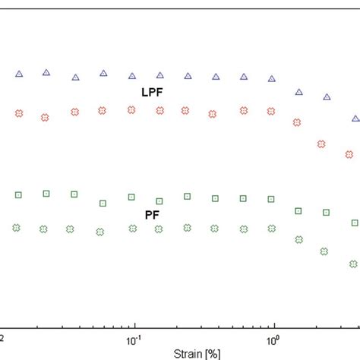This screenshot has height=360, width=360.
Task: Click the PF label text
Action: click(x=152, y=215)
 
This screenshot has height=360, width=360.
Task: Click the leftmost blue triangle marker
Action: click(x=20, y=74)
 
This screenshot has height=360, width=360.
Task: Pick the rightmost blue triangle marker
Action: click(x=355, y=118)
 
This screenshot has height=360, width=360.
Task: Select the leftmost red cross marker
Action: click(x=19, y=113)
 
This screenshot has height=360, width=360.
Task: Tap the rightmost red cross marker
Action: click(x=349, y=154)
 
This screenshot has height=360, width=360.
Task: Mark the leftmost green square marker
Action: click(x=18, y=195)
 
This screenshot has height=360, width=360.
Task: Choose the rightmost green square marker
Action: click(x=355, y=223)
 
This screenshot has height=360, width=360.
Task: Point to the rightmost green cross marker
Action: click(x=353, y=264)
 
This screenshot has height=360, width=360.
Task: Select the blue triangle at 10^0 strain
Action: click(x=273, y=78)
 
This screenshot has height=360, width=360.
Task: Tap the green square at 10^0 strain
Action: click(x=271, y=199)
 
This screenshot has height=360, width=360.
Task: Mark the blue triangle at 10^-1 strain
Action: click(x=132, y=76)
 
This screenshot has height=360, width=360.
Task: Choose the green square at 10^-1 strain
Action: click(x=131, y=197)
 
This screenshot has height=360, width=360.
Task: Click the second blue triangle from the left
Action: click(x=46, y=72)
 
